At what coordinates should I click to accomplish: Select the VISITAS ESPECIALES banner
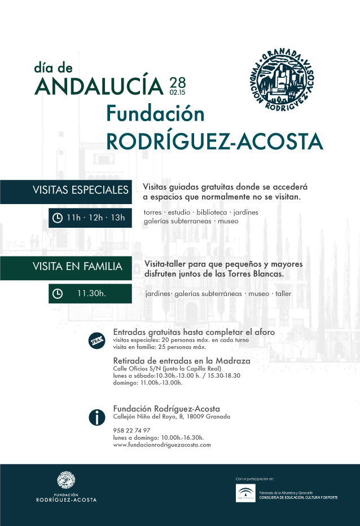(65, 190)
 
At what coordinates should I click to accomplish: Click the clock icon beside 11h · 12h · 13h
(58, 218)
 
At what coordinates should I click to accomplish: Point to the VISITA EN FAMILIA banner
(65, 266)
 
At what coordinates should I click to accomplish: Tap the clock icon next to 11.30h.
(58, 293)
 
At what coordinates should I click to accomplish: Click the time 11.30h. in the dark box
(92, 293)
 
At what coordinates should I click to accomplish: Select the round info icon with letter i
(98, 417)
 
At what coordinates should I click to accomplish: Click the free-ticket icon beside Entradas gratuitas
(98, 341)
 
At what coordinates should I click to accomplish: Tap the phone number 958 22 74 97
(131, 430)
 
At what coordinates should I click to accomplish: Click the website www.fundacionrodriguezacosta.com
(162, 445)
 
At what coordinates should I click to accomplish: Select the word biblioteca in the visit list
(212, 213)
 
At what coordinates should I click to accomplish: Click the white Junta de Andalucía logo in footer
(245, 494)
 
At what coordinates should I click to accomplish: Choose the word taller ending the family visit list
(283, 294)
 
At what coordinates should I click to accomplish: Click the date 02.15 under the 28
(177, 91)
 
